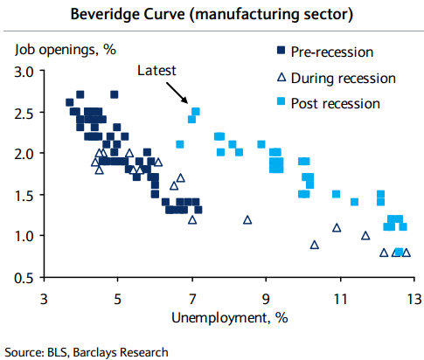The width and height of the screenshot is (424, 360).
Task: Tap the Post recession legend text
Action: (337, 103)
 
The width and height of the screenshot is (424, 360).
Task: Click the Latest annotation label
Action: (157, 71)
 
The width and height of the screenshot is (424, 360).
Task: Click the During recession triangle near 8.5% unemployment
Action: (247, 220)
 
